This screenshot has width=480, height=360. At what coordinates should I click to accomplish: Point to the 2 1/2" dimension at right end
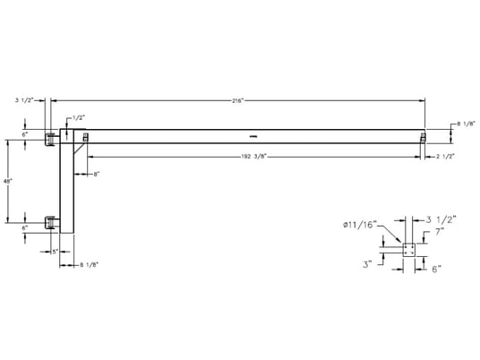click(x=445, y=157)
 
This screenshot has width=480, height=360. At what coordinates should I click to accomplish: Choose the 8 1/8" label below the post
click(x=88, y=264)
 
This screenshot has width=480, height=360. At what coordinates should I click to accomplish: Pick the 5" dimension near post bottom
click(x=55, y=251)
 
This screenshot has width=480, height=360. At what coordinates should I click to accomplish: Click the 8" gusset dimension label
click(x=95, y=174)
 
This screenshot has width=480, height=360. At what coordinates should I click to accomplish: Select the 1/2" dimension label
click(x=78, y=117)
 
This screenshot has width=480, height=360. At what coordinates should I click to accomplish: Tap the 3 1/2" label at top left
click(x=24, y=101)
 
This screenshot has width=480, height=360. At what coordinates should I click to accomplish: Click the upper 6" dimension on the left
click(x=25, y=134)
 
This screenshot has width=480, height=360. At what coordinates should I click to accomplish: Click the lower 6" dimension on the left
click(x=25, y=228)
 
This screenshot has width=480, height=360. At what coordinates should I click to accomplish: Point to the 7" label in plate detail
click(x=439, y=231)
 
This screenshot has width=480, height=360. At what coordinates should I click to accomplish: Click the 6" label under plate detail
click(x=435, y=268)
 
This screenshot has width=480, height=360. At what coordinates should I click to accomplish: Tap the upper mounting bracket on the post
click(x=53, y=136)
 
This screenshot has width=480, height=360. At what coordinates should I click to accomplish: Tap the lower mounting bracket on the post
click(x=53, y=220)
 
